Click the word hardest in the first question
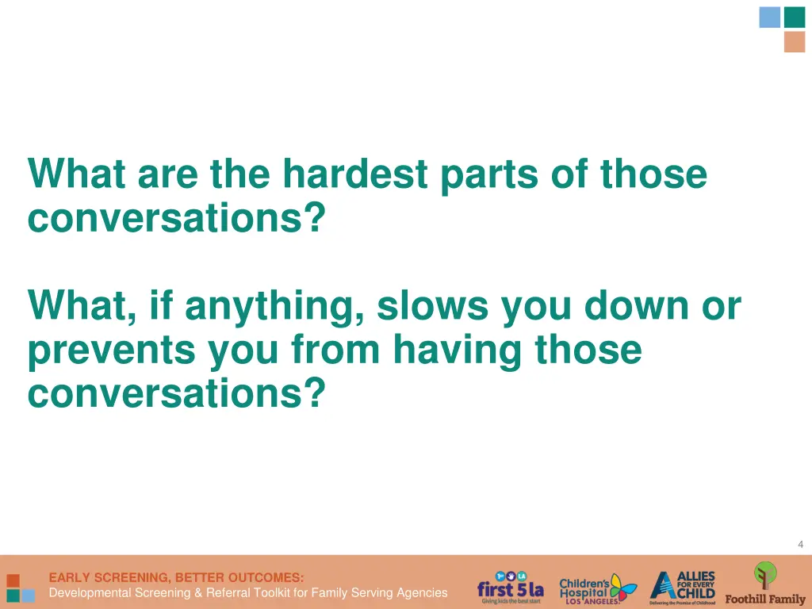pyautogui.click(x=354, y=174)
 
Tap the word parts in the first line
pyautogui.click(x=488, y=175)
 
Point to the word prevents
pyautogui.click(x=111, y=350)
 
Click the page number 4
pyautogui.click(x=800, y=544)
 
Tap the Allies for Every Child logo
pyautogui.click(x=682, y=588)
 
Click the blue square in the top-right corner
pyautogui.click(x=769, y=17)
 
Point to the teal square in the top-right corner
pyautogui.click(x=795, y=17)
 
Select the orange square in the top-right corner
pyautogui.click(x=795, y=42)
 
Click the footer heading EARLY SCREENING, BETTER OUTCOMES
pyautogui.click(x=176, y=577)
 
